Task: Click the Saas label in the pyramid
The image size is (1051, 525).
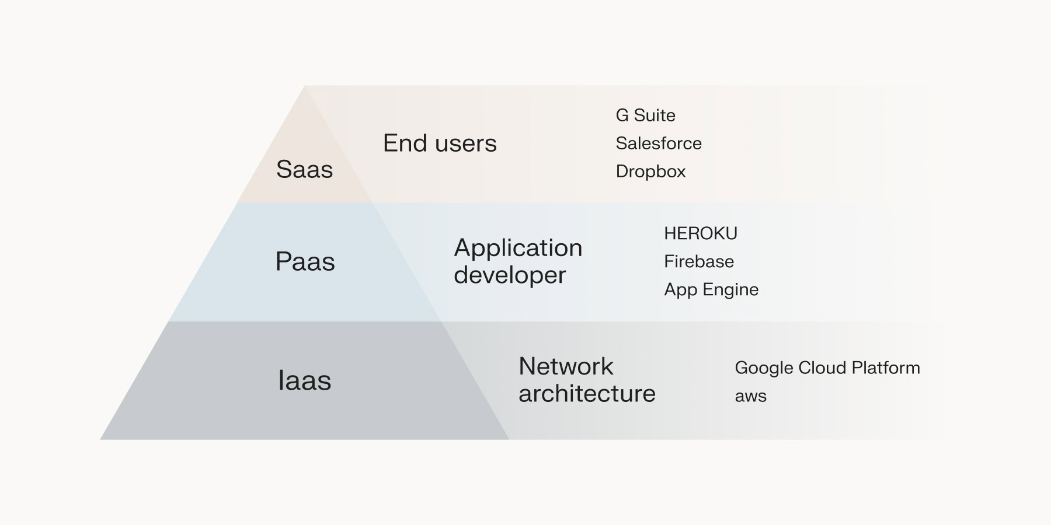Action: tap(304, 170)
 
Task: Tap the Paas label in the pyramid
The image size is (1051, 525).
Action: tap(305, 261)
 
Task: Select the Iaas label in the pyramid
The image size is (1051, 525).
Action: tap(304, 380)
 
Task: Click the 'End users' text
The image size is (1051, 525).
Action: tap(440, 143)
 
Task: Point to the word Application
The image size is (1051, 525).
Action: tap(518, 248)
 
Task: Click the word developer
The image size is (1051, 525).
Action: tap(510, 275)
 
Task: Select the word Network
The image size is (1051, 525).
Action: tap(566, 366)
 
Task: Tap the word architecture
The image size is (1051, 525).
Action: tap(587, 394)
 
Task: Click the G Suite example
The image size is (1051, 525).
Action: tap(645, 116)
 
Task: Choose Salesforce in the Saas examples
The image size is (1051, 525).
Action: tap(659, 143)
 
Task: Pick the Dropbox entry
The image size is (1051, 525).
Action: tap(650, 171)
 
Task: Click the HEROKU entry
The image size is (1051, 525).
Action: tap(701, 233)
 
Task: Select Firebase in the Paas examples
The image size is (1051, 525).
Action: tap(699, 261)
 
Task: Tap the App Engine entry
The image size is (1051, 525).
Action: tap(711, 289)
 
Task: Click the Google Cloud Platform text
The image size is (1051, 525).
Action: tap(827, 368)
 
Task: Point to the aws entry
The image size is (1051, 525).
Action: tap(750, 396)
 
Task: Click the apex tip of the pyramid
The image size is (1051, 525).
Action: tap(305, 87)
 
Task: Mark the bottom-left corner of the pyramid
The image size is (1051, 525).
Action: tap(102, 439)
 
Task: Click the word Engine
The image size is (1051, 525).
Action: tap(730, 290)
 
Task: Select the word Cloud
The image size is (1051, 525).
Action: tap(822, 368)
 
